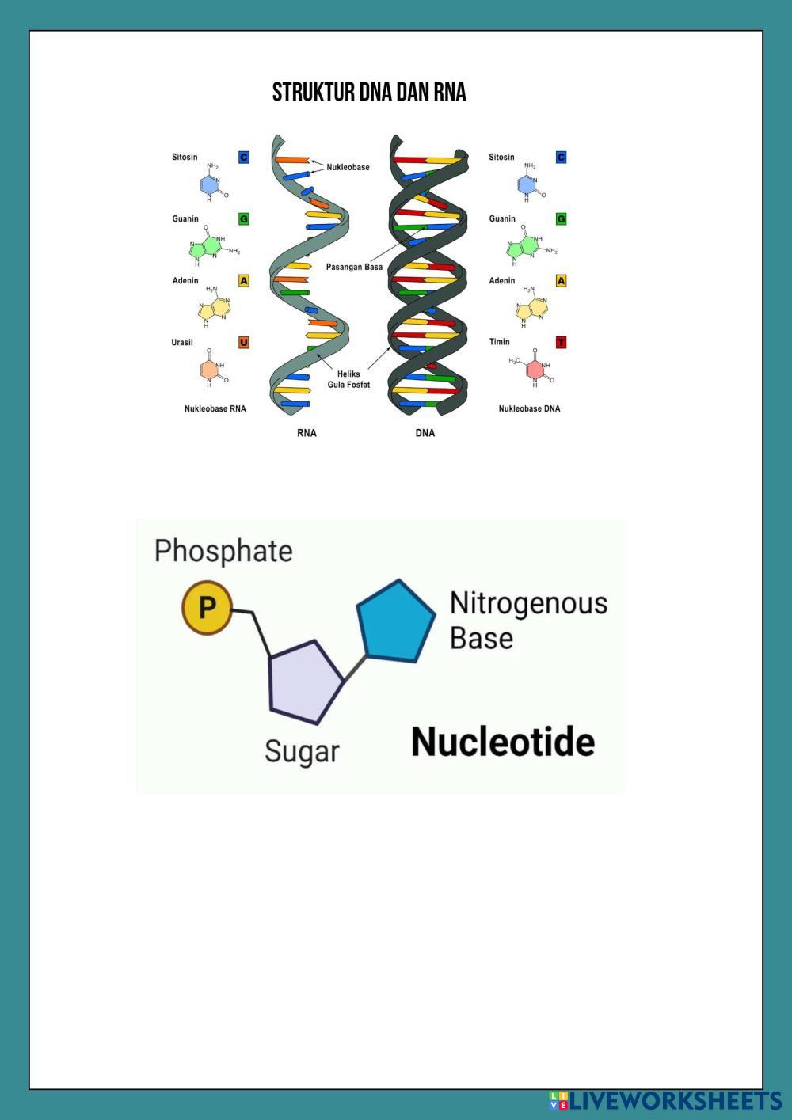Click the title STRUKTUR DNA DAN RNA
pyautogui.click(x=369, y=93)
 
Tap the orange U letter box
pyautogui.click(x=244, y=343)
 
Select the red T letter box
pyautogui.click(x=562, y=343)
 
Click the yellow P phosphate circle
pyautogui.click(x=207, y=608)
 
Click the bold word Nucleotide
pyautogui.click(x=503, y=742)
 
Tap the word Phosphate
pyautogui.click(x=223, y=551)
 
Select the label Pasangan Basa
pyautogui.click(x=354, y=267)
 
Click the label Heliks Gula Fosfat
pyautogui.click(x=348, y=379)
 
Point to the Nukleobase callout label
pyautogui.click(x=348, y=167)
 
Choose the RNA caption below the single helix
pyautogui.click(x=307, y=433)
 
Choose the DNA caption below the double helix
pyautogui.click(x=425, y=433)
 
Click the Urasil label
pyautogui.click(x=182, y=343)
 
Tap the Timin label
pyautogui.click(x=500, y=342)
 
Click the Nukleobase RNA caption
pyautogui.click(x=215, y=409)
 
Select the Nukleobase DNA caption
pyautogui.click(x=529, y=409)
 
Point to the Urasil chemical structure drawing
pyautogui.click(x=212, y=369)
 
